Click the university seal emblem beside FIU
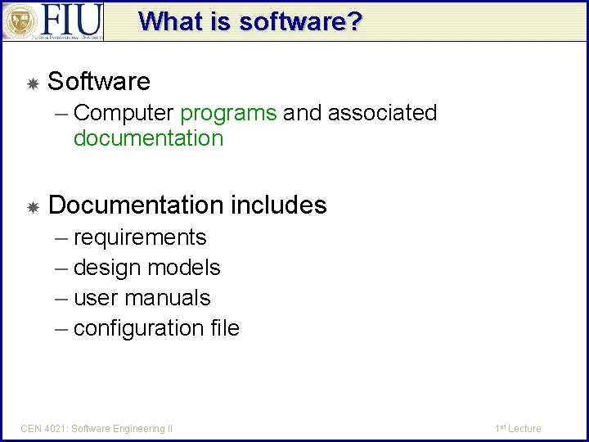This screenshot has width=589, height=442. (20, 21)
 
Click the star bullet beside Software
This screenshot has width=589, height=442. (33, 83)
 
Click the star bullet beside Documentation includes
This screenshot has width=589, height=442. (33, 206)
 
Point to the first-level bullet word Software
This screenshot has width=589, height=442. (99, 82)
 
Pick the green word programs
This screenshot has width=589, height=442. (228, 113)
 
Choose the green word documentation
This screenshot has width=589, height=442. (148, 138)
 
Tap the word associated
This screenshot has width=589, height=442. (382, 113)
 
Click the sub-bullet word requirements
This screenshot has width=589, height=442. (140, 237)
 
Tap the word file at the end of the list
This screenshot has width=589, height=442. (225, 328)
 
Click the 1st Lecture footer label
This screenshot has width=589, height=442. (518, 428)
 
